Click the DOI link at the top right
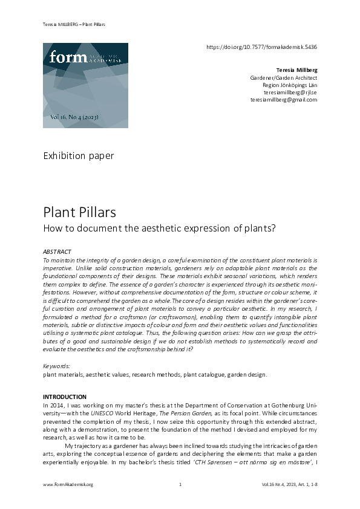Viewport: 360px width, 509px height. [262, 46]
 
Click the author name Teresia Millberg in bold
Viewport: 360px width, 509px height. [296, 70]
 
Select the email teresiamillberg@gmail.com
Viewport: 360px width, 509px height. [284, 100]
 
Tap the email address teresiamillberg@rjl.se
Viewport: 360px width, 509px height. [291, 92]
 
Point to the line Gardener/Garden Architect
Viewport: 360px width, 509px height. [284, 78]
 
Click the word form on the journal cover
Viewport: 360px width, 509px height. [64, 57]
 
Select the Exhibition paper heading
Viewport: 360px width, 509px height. [79, 156]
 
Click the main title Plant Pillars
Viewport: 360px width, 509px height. [79, 213]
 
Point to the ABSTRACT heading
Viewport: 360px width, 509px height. [57, 251]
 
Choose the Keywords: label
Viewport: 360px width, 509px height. [56, 366]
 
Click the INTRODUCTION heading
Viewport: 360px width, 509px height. [65, 397]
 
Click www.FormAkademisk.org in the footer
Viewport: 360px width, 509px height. [68, 485]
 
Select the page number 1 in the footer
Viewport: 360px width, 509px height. [180, 485]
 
